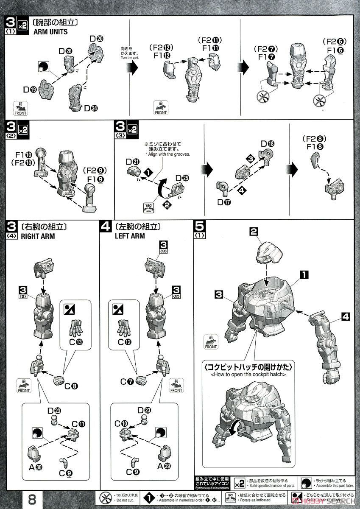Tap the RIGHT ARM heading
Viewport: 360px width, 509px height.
click(x=38, y=236)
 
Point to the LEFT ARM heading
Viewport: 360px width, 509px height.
click(x=130, y=236)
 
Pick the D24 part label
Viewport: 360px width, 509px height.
click(x=90, y=108)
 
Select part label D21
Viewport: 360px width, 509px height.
click(x=134, y=161)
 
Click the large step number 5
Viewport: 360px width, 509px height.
click(x=200, y=227)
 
